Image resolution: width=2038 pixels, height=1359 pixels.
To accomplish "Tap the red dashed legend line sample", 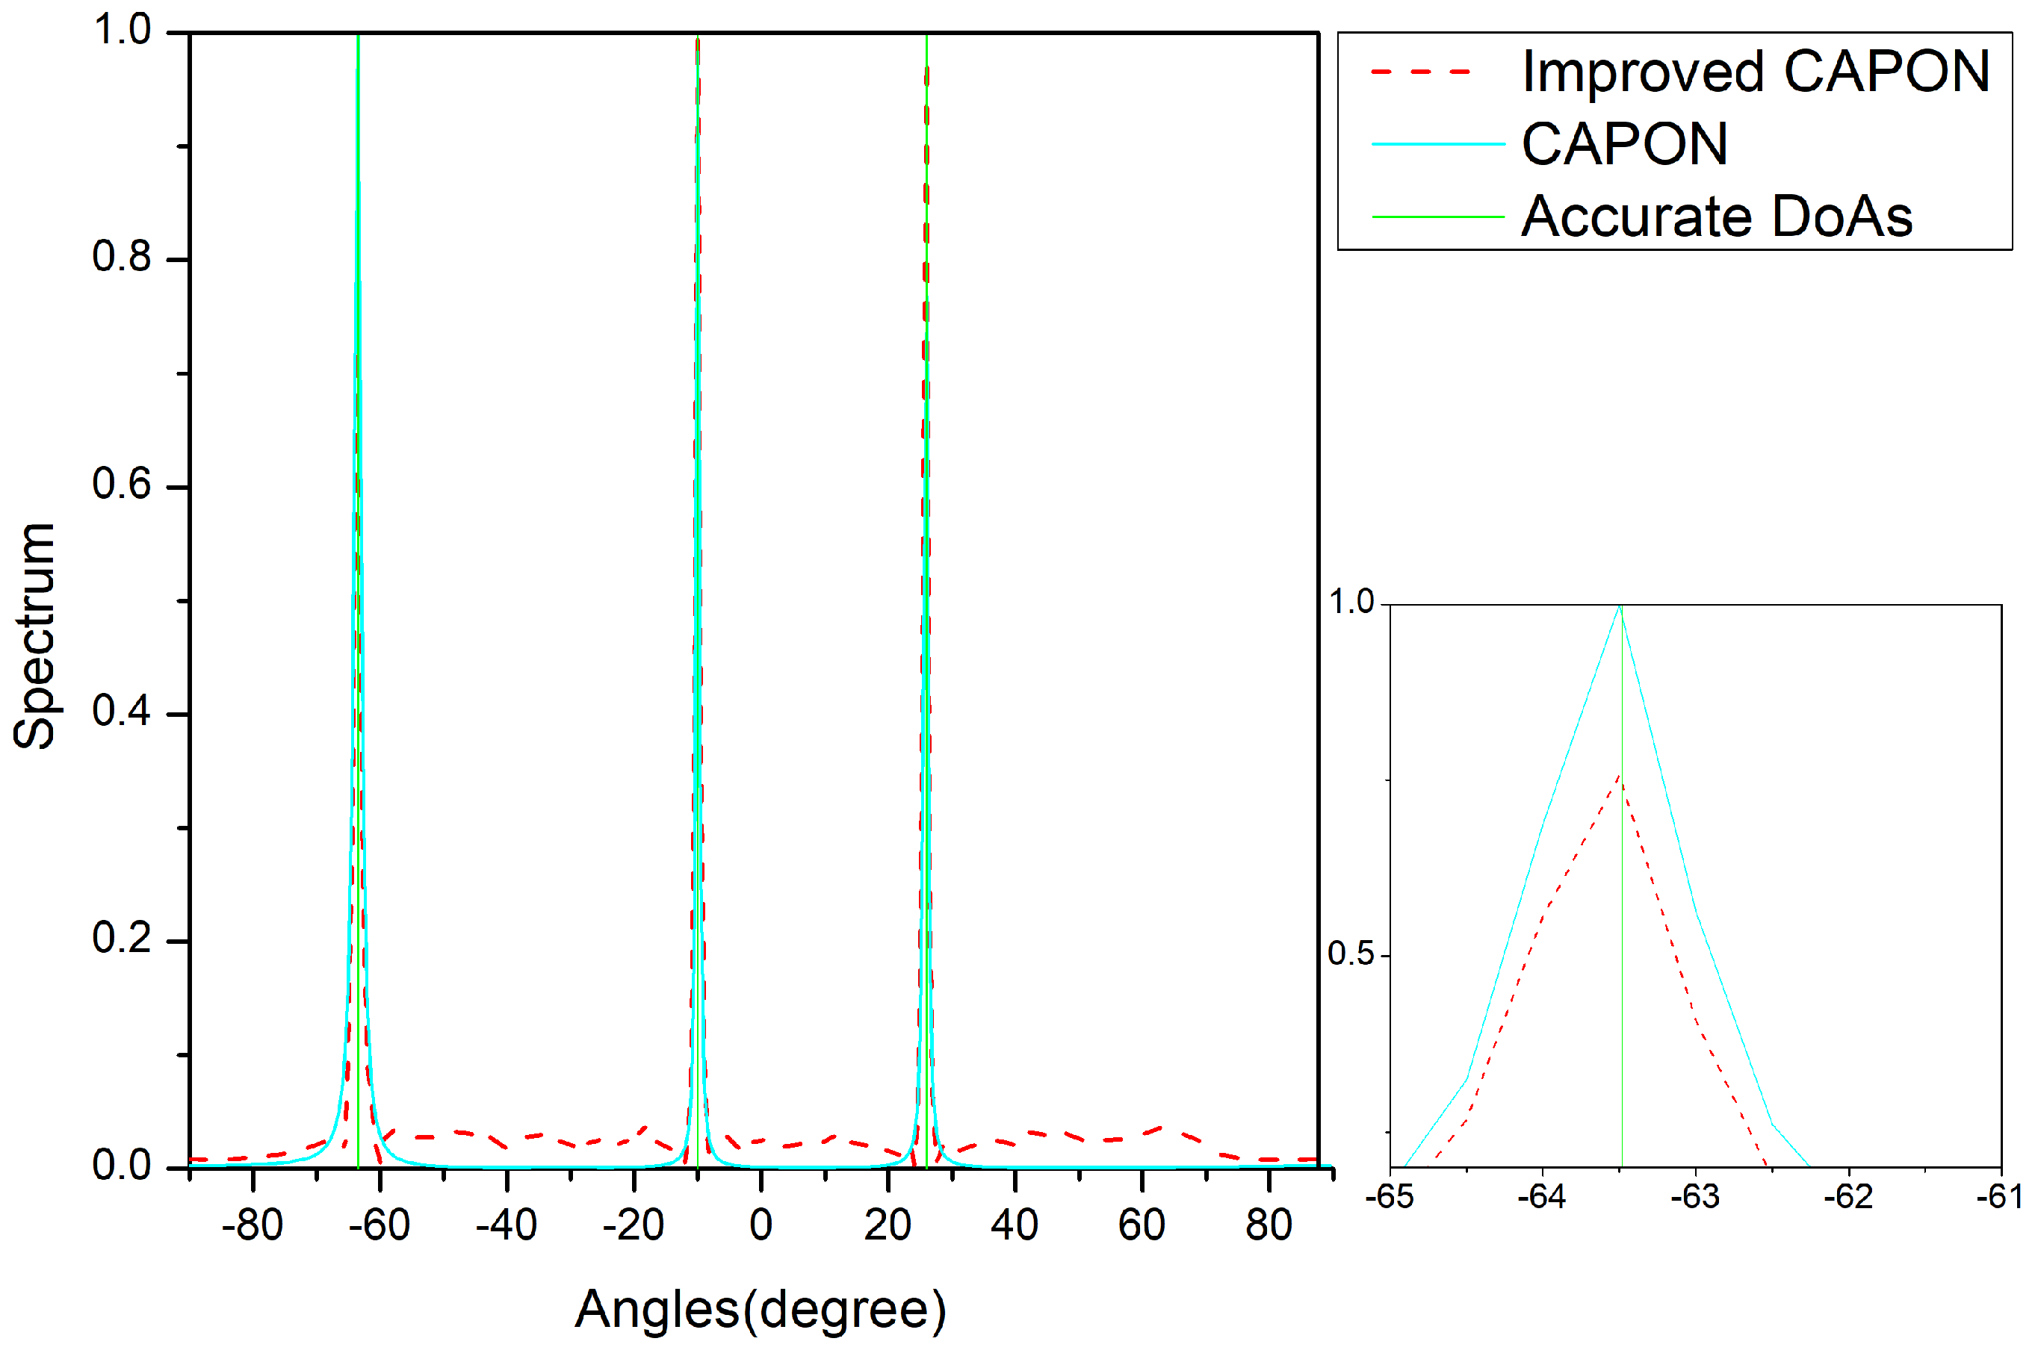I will pos(1422,71).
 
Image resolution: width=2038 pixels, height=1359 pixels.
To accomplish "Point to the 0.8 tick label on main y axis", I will pos(121,257).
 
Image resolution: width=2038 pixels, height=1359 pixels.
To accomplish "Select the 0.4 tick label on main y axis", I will pos(121,712).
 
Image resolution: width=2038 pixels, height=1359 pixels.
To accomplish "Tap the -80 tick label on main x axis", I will pos(252,1225).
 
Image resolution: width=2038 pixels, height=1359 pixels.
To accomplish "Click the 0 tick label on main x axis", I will pos(761,1225).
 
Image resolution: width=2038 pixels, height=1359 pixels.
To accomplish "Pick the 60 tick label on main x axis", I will pos(1141,1225).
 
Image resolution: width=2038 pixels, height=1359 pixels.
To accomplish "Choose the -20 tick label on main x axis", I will pos(633,1225).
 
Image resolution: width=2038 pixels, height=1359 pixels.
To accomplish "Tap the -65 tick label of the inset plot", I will pos(1389,1197).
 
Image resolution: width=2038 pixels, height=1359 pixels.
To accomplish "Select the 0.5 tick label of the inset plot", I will pos(1351,954).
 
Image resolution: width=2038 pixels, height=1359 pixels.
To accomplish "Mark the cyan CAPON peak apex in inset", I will pos(1620,606).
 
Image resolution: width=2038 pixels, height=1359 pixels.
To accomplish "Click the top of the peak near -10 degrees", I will pos(697,39).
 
